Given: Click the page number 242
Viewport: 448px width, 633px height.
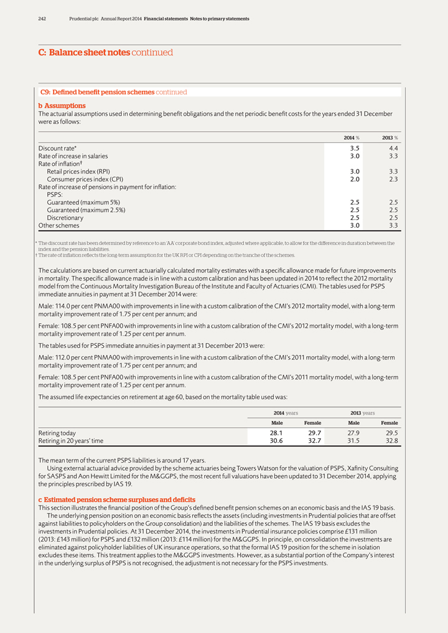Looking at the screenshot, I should [x=42, y=19].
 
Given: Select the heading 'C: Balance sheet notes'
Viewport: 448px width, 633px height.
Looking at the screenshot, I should [x=84, y=53].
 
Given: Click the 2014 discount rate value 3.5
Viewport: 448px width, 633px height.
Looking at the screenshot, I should [x=355, y=148].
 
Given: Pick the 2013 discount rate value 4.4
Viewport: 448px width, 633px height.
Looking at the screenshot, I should [x=393, y=148].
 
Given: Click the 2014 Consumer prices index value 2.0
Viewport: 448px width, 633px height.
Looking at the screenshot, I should [x=355, y=179].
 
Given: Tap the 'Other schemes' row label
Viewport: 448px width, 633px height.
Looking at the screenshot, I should [x=58, y=226].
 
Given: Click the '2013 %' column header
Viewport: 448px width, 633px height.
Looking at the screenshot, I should [x=390, y=137].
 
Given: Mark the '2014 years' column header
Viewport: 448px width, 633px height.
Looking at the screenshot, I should [x=286, y=412].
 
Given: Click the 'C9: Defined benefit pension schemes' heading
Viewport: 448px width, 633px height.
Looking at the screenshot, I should [x=97, y=92].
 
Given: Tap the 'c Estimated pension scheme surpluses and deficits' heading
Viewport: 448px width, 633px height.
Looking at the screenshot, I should [x=117, y=500].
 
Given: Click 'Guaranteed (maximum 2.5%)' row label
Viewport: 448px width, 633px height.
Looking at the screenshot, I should [x=86, y=210].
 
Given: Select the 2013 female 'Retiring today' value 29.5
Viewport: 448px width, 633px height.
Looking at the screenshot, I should [x=391, y=433].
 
